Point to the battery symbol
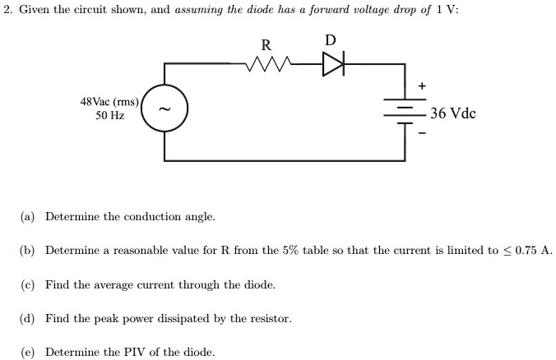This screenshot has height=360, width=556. (406, 114)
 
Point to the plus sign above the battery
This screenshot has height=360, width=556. (423, 86)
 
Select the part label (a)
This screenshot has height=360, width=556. (28, 217)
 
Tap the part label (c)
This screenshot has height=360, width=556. (28, 284)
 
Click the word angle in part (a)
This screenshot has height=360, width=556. (199, 217)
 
